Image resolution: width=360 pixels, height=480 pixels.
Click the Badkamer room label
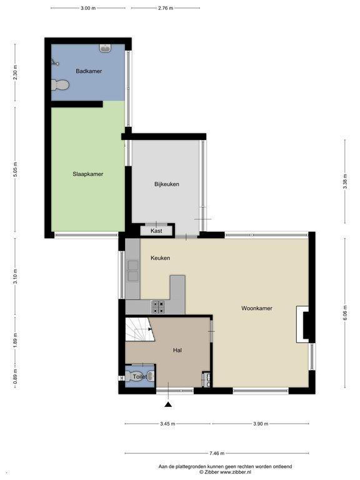tap(89, 71)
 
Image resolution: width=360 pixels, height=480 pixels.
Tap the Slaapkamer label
tap(88, 174)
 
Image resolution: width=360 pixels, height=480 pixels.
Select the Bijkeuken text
tap(166, 184)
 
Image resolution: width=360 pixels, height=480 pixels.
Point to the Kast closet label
tap(156, 231)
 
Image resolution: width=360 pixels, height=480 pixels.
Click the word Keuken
tap(160, 258)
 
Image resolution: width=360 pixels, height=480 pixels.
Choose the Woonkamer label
tap(256, 308)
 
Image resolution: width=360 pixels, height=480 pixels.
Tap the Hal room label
tap(177, 350)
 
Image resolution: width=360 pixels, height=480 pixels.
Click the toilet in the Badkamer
tap(60, 85)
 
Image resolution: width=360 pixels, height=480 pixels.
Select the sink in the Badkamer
tap(105, 48)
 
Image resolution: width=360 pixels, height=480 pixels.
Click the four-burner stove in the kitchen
tap(158, 307)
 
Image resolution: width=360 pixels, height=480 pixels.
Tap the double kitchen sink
tap(133, 271)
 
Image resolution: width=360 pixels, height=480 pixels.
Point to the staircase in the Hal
tap(140, 329)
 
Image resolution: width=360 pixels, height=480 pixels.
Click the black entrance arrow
tap(168, 405)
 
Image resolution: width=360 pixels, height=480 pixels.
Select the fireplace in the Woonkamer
tap(302, 324)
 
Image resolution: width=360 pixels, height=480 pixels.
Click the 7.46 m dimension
tap(217, 453)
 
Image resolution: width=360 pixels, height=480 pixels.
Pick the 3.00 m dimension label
tap(88, 8)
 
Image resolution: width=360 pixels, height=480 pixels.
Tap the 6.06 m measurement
tap(345, 313)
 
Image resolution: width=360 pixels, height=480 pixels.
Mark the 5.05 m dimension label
tap(15, 169)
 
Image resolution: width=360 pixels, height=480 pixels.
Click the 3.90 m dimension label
tap(261, 424)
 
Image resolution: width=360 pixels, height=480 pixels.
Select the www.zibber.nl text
tap(236, 472)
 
